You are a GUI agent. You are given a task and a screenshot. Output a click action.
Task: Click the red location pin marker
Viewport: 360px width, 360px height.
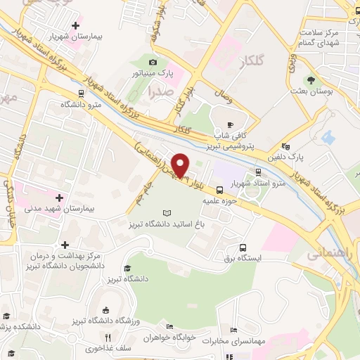(181, 164)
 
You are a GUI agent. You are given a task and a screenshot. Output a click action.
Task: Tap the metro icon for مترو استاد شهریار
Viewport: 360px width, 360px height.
(259, 171)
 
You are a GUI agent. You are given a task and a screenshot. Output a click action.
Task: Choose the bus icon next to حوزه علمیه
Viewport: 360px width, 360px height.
(220, 189)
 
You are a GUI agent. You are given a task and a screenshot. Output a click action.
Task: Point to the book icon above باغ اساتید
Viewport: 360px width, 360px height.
(167, 213)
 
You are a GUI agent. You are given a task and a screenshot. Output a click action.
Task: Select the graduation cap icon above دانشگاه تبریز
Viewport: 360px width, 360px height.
(127, 269)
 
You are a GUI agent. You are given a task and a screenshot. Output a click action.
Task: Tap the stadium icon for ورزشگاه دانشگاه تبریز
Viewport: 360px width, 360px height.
(105, 309)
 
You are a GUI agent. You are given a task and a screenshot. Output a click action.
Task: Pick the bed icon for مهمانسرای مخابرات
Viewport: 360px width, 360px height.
(234, 330)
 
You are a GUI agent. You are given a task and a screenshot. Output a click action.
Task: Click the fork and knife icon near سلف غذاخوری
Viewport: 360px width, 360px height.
(108, 337)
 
